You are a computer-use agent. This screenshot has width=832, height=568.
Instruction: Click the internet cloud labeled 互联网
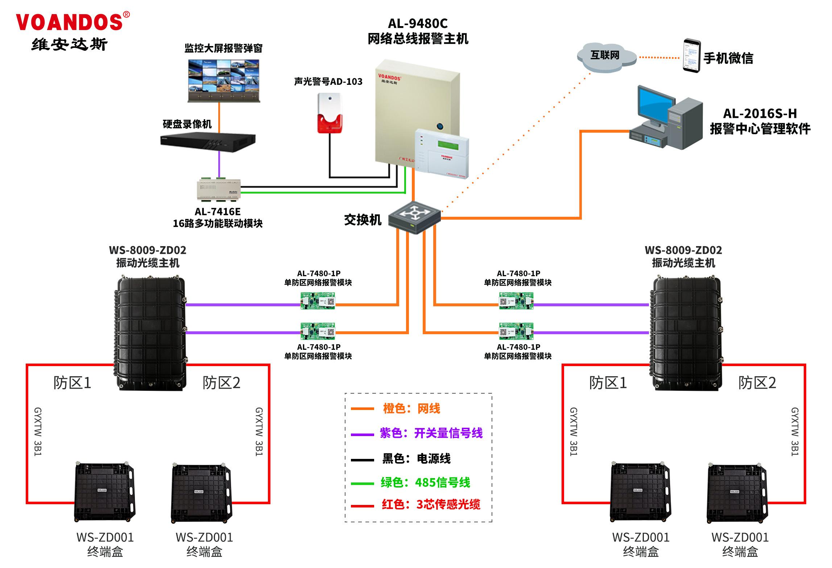tap(606, 56)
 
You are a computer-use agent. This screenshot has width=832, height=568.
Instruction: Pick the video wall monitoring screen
tap(224, 80)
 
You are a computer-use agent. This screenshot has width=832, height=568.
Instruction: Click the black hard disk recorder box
tap(208, 142)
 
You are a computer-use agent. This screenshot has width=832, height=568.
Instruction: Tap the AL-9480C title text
tap(418, 24)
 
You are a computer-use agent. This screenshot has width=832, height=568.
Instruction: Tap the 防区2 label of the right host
tap(757, 383)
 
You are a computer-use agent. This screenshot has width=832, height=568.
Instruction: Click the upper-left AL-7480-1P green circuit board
tap(318, 301)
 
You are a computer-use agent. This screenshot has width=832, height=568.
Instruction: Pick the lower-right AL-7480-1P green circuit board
tap(516, 331)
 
